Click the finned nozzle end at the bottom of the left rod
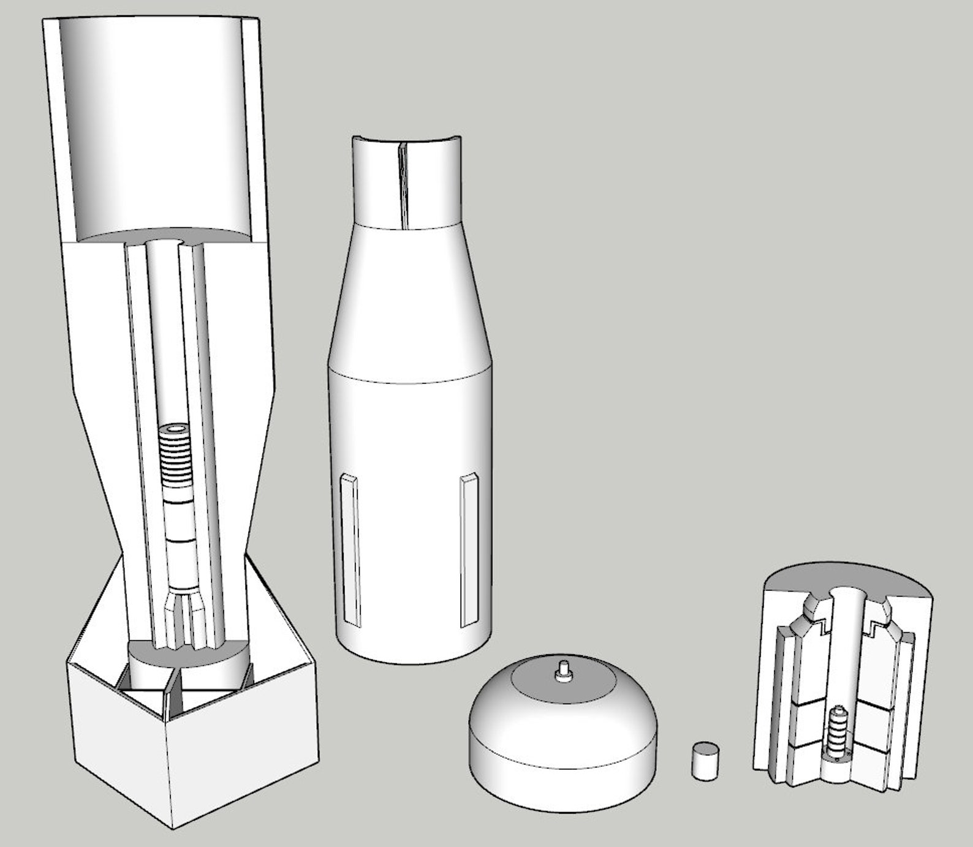[x=187, y=619]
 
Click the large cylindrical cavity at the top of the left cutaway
[x=156, y=129]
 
